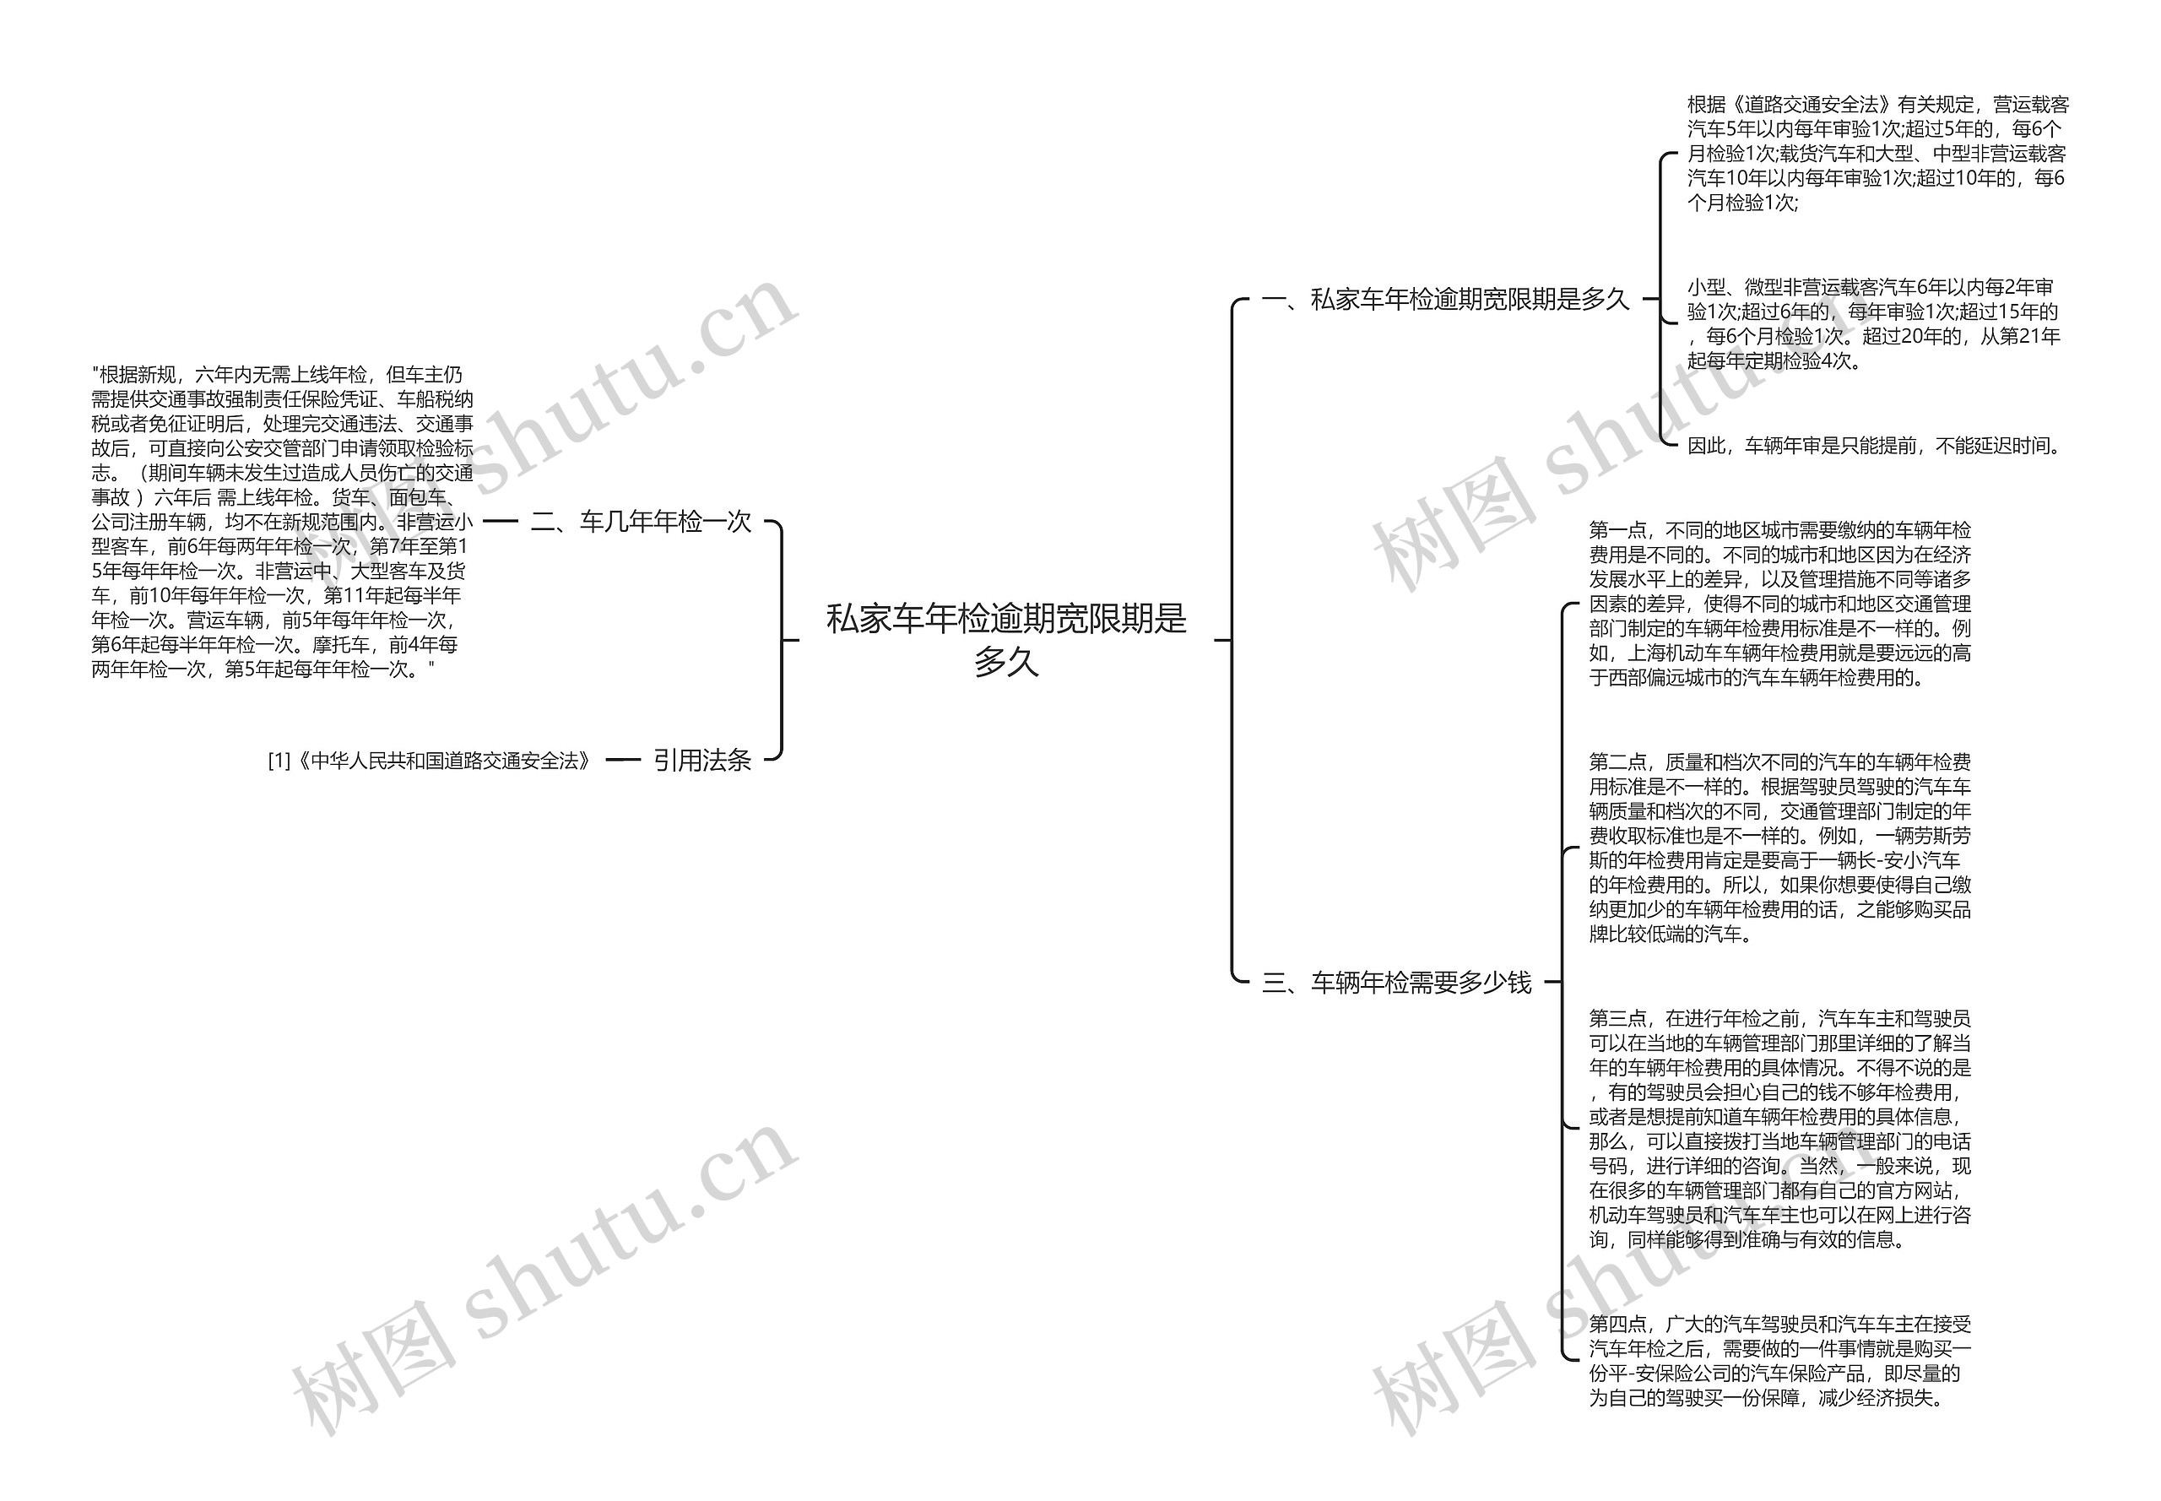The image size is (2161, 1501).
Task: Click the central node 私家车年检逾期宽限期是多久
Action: click(1005, 640)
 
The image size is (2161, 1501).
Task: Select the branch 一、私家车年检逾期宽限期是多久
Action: click(1444, 299)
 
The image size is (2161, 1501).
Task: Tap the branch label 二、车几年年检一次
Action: click(642, 521)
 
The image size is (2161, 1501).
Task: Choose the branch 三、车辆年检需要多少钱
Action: click(1395, 982)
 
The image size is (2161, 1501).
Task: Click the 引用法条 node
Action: click(701, 760)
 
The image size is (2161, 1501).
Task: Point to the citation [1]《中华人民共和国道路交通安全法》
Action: click(430, 760)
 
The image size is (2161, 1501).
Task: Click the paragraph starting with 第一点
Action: click(1779, 604)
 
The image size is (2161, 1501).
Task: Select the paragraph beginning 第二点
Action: click(1779, 848)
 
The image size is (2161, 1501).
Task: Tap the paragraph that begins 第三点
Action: click(1779, 1128)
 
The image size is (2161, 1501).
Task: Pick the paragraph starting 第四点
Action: click(1779, 1361)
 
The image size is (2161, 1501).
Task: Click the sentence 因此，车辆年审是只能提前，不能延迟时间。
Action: click(1874, 446)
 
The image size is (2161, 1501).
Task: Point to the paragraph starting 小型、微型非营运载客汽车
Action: click(1871, 323)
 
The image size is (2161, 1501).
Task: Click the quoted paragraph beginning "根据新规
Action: click(281, 522)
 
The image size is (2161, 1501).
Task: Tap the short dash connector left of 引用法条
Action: click(622, 760)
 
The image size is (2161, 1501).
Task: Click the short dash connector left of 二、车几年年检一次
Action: click(501, 521)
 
